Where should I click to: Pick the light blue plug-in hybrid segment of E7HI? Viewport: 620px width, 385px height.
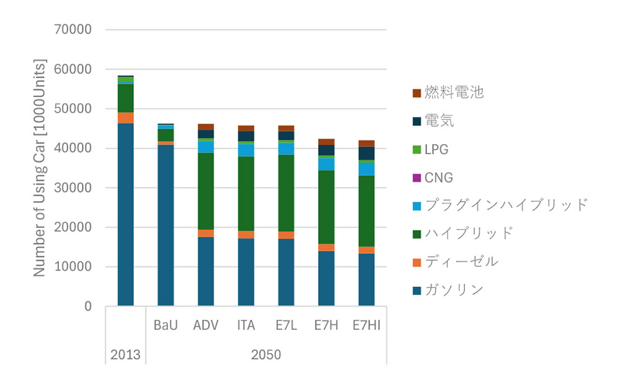point(366,169)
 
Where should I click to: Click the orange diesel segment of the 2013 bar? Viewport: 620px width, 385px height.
point(125,118)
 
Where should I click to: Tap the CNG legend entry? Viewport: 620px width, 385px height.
point(438,178)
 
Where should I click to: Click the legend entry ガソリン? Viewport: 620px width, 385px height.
point(453,290)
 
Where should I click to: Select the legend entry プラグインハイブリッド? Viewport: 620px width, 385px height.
point(505,205)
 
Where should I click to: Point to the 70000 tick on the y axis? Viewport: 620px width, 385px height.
point(73,30)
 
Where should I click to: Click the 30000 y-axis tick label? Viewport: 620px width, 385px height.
point(73,188)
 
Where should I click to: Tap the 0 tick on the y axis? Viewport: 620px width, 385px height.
point(87,306)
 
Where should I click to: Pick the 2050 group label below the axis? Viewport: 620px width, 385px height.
point(266,355)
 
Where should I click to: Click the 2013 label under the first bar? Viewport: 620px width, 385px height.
point(125,355)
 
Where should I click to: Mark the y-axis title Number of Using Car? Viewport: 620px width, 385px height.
point(40,168)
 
